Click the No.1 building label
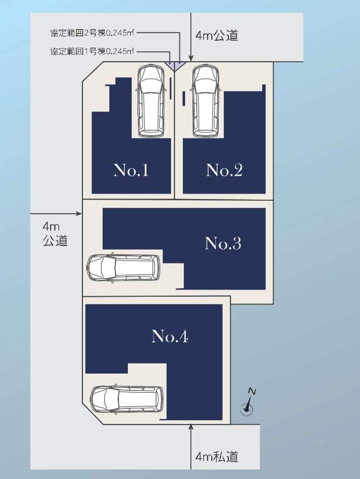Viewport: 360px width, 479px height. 131,170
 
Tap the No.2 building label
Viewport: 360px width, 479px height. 224,170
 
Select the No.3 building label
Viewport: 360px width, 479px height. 223,243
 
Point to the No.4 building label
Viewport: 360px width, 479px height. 170,336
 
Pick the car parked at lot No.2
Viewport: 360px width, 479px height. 205,101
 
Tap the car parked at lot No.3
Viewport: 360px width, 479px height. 124,268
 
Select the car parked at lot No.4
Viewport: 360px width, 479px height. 127,399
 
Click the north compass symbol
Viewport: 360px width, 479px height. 248,402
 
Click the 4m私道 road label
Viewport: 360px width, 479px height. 217,457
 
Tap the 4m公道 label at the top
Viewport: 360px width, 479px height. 217,35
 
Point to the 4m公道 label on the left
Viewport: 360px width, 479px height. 55,234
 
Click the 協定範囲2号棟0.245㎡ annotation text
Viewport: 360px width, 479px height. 92,33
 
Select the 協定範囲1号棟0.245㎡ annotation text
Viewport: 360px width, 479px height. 92,51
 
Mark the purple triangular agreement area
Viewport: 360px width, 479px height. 174,66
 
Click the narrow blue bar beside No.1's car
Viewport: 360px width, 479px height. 170,88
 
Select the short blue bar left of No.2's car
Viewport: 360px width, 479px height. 184,98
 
